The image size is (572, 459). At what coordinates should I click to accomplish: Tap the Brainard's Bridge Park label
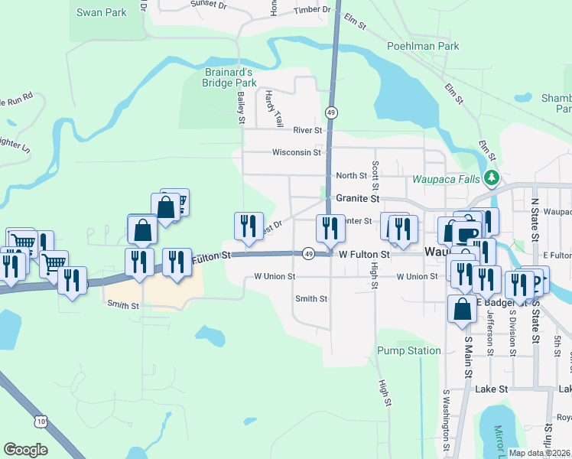pyautogui.click(x=229, y=76)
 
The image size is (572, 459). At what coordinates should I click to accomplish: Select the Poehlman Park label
pyautogui.click(x=423, y=46)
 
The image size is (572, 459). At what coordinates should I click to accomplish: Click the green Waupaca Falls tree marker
pyautogui.click(x=491, y=179)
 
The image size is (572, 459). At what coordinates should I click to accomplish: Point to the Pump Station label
pyautogui.click(x=409, y=350)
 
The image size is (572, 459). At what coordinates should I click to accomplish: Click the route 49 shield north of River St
pyautogui.click(x=330, y=112)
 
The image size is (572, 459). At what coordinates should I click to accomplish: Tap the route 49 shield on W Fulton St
pyautogui.click(x=307, y=253)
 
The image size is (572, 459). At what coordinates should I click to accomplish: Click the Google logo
pyautogui.click(x=25, y=450)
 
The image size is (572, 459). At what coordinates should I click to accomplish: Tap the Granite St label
pyautogui.click(x=358, y=198)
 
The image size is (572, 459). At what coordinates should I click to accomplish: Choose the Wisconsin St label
pyautogui.click(x=297, y=152)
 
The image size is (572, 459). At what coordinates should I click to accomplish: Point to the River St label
pyautogui.click(x=307, y=130)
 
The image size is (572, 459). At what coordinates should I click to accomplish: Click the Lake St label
pyautogui.click(x=491, y=389)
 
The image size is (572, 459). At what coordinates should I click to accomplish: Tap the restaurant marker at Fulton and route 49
pyautogui.click(x=330, y=227)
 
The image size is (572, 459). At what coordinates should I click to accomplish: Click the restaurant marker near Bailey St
pyautogui.click(x=248, y=225)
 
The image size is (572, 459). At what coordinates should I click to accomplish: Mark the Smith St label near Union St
pyautogui.click(x=311, y=298)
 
